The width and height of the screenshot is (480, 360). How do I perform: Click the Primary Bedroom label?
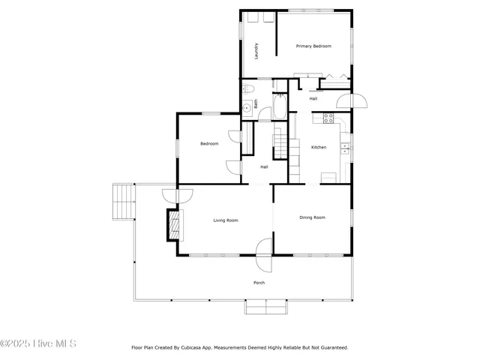pyautogui.click(x=313, y=46)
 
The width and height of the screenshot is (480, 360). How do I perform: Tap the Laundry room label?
pyautogui.click(x=256, y=50)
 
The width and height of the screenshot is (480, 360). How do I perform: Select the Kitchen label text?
pyautogui.click(x=319, y=147)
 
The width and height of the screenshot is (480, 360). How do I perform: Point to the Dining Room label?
pyautogui.click(x=312, y=217)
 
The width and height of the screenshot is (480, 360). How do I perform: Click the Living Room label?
pyautogui.click(x=225, y=220)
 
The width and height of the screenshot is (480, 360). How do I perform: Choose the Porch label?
pyautogui.click(x=259, y=283)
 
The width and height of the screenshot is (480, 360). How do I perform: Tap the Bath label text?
pyautogui.click(x=256, y=106)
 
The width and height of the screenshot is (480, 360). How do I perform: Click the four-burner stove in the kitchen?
pyautogui.click(x=328, y=118)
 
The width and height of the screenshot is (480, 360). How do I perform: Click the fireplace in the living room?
pyautogui.click(x=173, y=224)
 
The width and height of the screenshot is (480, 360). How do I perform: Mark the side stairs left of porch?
pyautogui.click(x=123, y=201)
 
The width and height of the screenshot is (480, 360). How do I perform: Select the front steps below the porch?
pyautogui.click(x=266, y=307)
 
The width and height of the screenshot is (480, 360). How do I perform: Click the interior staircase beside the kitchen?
pyautogui.click(x=280, y=143)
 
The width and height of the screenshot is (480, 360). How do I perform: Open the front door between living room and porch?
pyautogui.click(x=263, y=255)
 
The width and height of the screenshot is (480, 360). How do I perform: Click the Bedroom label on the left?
pyautogui.click(x=209, y=143)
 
